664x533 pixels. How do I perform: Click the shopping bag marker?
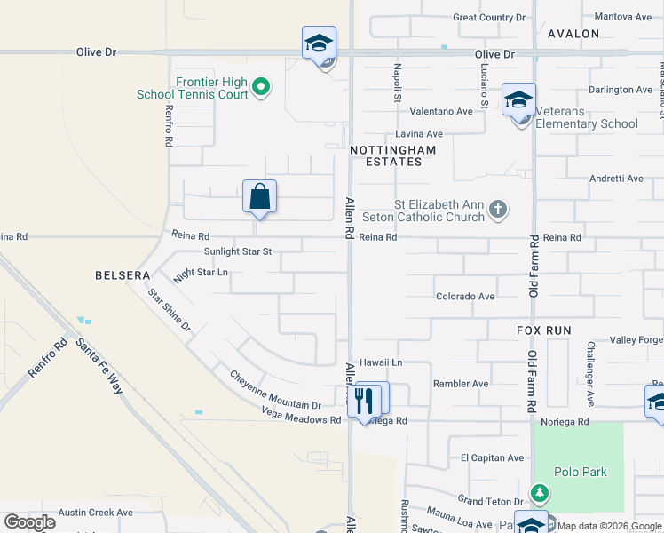pyautogui.click(x=259, y=196)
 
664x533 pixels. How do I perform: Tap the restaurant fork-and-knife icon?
pyautogui.click(x=364, y=400)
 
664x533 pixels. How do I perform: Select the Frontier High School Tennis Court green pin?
pyautogui.click(x=260, y=87)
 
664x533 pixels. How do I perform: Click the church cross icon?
pyautogui.click(x=498, y=210)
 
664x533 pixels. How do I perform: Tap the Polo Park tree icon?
pyautogui.click(x=539, y=492)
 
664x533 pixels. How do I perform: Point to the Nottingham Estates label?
pyautogui.click(x=392, y=155)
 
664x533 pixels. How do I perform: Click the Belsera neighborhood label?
pyautogui.click(x=123, y=275)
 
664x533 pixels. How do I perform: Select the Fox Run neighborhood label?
pyautogui.click(x=544, y=330)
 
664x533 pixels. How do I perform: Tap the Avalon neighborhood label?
pyautogui.click(x=573, y=34)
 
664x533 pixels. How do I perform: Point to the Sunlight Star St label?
pyautogui.click(x=237, y=252)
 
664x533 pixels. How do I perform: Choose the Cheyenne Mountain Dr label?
pyautogui.click(x=275, y=390)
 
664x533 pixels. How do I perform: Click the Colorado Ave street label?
pyautogui.click(x=464, y=296)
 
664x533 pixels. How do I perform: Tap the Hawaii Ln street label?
pyautogui.click(x=381, y=362)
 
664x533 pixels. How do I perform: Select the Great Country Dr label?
pyautogui.click(x=489, y=17)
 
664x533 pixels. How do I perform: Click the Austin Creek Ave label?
pyautogui.click(x=95, y=513)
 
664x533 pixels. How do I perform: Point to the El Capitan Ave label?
pyautogui.click(x=492, y=457)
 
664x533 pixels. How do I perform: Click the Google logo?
pyautogui.click(x=29, y=522)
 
